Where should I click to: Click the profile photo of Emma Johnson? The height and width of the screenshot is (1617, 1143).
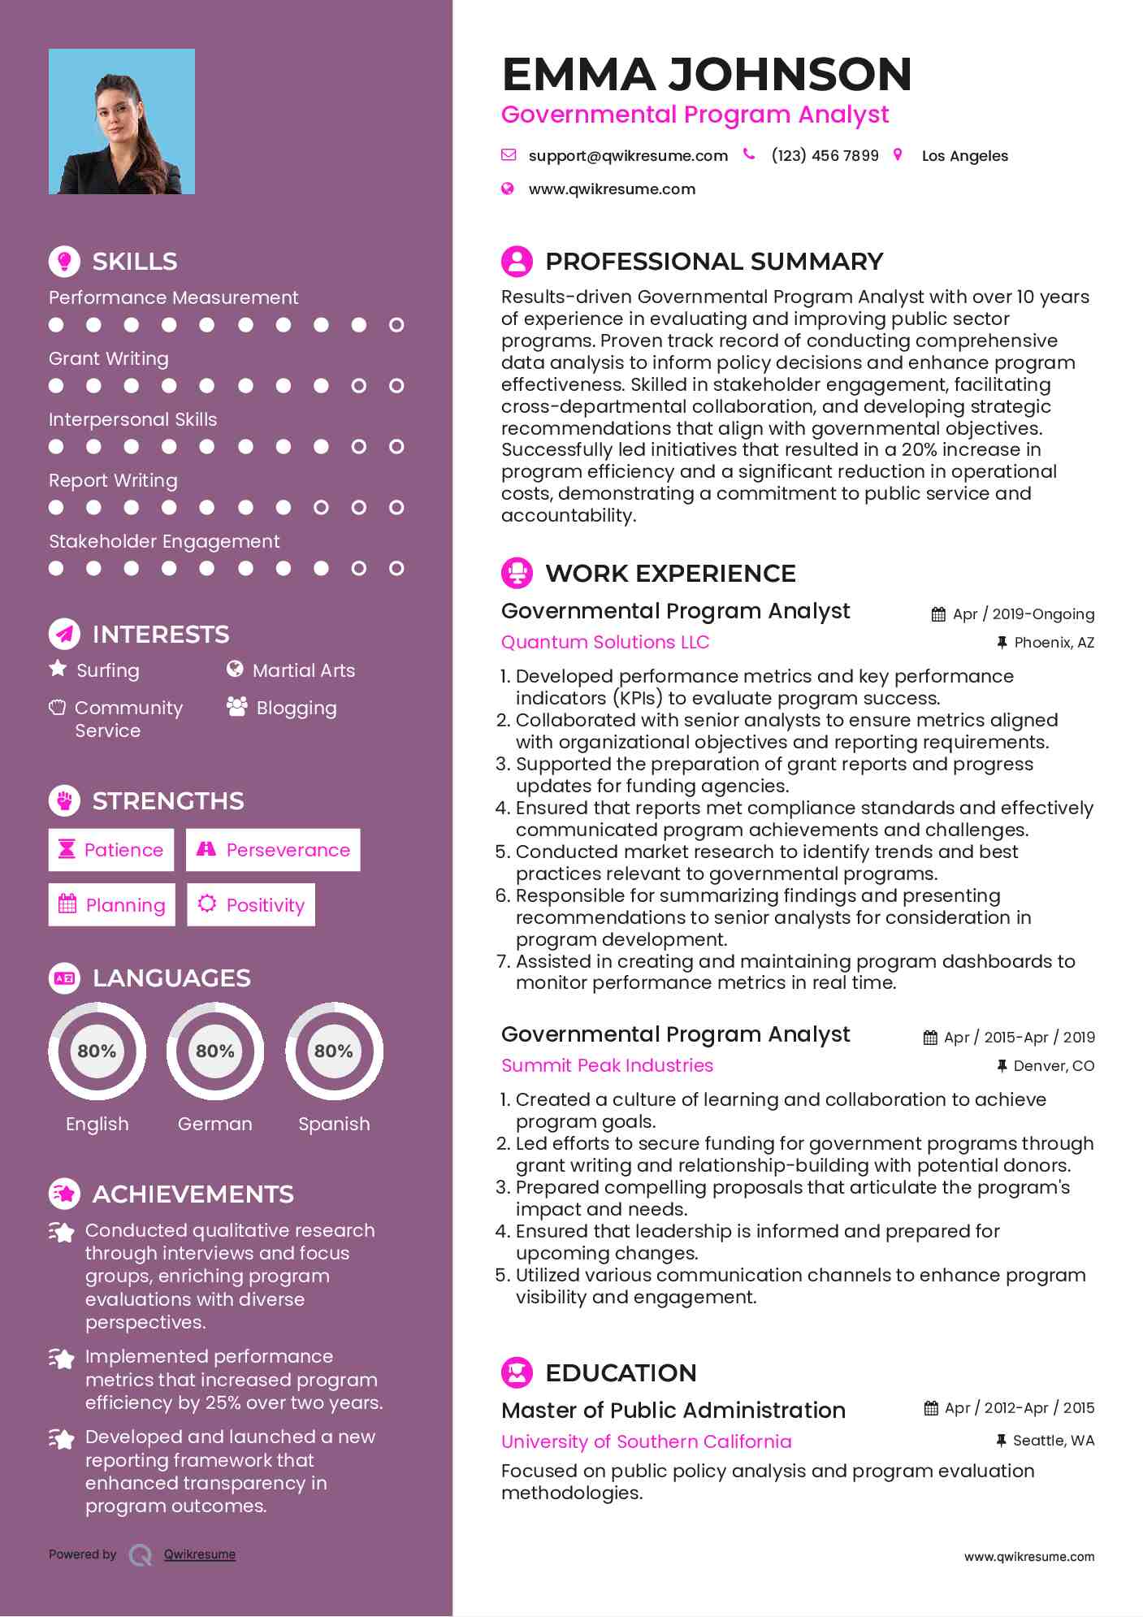122,122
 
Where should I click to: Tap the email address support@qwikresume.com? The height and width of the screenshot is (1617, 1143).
627,156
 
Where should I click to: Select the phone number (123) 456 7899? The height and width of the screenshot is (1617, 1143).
825,156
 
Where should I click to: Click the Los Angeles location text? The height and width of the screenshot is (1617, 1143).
964,156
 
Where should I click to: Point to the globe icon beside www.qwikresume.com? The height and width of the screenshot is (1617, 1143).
508,189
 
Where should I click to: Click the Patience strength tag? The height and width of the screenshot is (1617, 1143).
111,850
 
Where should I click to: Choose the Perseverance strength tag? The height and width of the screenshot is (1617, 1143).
273,850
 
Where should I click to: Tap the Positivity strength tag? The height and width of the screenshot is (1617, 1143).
251,905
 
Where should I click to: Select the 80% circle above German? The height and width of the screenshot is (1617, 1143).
215,1051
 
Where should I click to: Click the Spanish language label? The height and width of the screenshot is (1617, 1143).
334,1124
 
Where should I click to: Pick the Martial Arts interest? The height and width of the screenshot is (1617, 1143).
303,670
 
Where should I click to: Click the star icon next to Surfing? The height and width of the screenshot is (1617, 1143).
58,669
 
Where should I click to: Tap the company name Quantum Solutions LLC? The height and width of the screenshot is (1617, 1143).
605,642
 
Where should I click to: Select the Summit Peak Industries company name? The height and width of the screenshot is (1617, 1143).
607,1065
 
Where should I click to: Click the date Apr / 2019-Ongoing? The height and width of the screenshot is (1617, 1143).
1023,614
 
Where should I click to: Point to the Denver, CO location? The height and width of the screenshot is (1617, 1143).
1054,1066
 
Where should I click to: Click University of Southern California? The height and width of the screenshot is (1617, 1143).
646,1441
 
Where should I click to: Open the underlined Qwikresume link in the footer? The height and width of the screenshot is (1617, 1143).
200,1554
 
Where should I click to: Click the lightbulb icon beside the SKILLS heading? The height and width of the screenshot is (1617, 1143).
64,261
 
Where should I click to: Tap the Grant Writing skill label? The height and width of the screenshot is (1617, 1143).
109,358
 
